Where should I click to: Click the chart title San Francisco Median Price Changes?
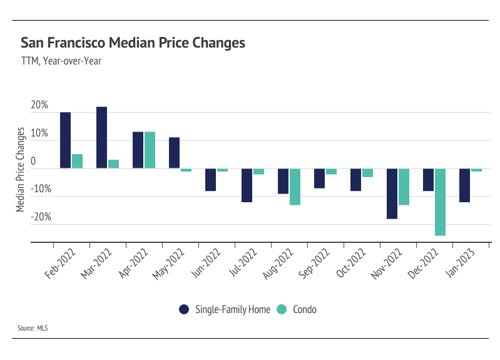(x=133, y=43)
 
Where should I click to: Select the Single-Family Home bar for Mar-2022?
(x=101, y=138)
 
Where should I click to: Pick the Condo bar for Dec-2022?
(x=440, y=202)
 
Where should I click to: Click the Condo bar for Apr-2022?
(x=150, y=150)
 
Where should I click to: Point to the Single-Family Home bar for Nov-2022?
(x=392, y=193)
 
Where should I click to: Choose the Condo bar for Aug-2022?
(x=295, y=187)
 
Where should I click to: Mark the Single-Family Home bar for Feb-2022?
(x=65, y=140)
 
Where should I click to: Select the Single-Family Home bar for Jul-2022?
(x=247, y=185)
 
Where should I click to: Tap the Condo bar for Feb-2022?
(x=77, y=161)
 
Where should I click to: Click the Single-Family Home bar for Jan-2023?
(x=464, y=185)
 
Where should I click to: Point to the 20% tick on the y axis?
(x=39, y=106)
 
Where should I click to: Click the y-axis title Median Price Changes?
(x=21, y=169)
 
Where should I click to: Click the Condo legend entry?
(x=301, y=309)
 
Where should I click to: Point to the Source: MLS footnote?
(x=35, y=328)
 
